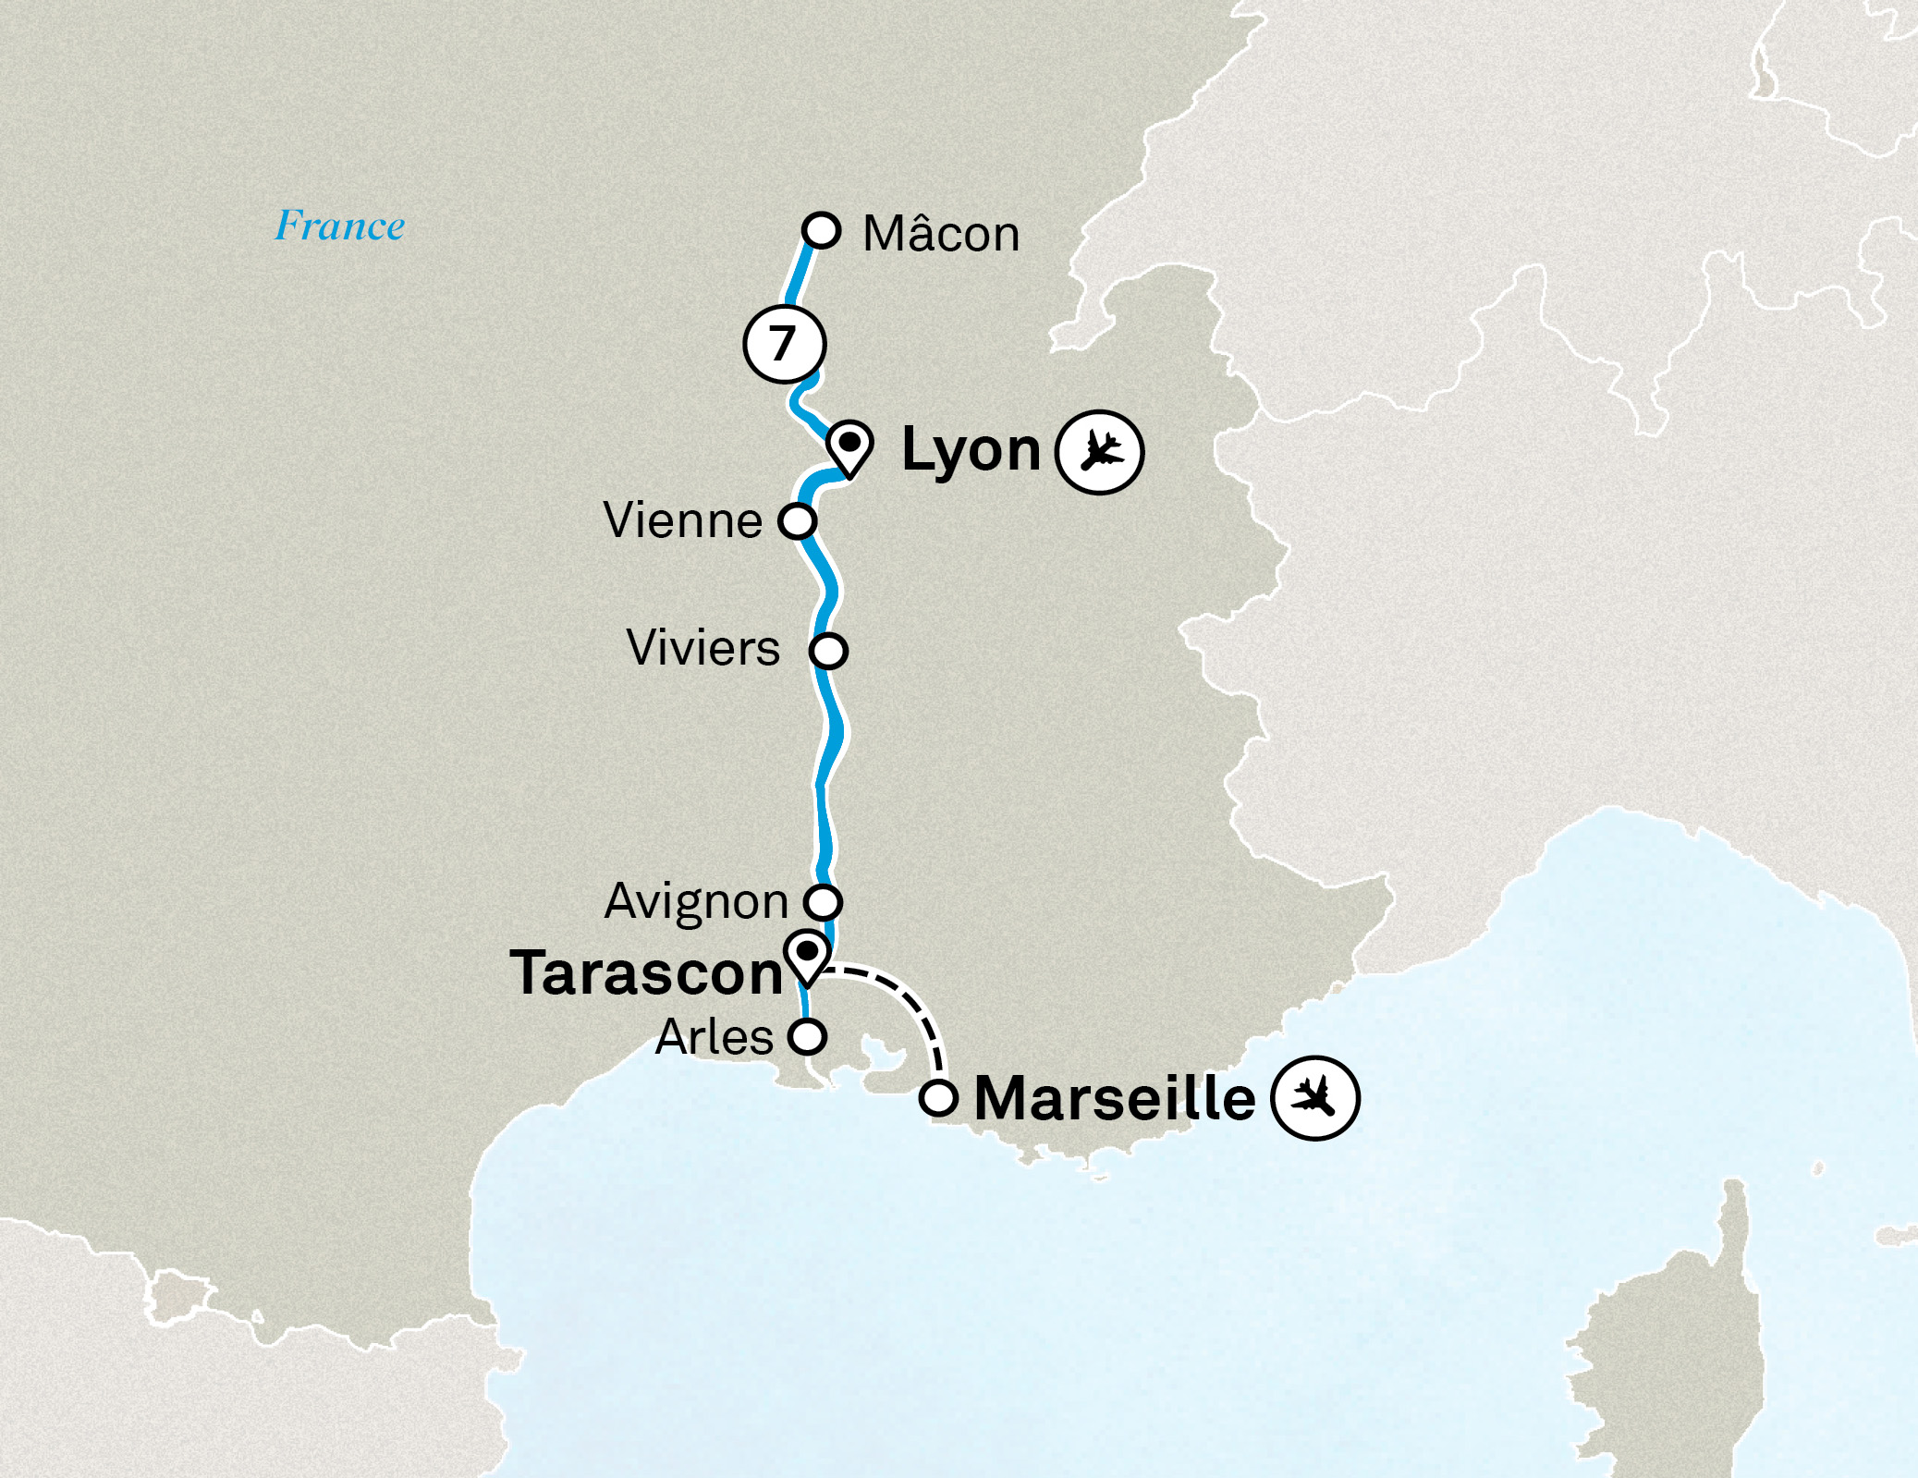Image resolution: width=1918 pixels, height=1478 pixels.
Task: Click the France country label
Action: click(339, 226)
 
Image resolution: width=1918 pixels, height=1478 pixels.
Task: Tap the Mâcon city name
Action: click(940, 234)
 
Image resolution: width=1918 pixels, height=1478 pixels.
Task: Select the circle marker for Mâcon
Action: click(821, 229)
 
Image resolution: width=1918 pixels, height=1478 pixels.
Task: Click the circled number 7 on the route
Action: click(784, 344)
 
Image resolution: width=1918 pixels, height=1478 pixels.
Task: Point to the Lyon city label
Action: click(971, 450)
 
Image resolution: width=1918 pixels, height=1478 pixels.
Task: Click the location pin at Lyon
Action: click(849, 445)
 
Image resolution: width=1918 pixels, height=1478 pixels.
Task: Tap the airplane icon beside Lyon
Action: click(1100, 452)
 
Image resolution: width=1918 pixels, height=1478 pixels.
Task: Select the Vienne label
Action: click(682, 520)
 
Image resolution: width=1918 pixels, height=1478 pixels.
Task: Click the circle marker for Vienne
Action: click(797, 520)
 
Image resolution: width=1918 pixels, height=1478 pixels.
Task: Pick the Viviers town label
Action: click(702, 648)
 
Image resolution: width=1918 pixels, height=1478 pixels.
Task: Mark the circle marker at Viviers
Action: click(828, 651)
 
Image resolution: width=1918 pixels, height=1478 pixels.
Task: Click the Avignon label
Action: click(696, 901)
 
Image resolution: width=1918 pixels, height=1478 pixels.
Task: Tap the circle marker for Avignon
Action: click(822, 900)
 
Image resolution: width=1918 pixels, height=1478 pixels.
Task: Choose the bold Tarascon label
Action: click(646, 973)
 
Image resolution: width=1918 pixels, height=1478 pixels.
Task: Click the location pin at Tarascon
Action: click(807, 955)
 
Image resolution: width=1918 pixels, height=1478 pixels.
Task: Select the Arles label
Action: click(714, 1037)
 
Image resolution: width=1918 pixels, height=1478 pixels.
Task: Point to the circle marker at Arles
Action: click(807, 1036)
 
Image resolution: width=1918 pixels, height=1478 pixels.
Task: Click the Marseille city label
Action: click(1115, 1098)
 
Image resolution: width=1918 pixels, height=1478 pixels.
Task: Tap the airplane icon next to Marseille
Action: click(1314, 1097)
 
